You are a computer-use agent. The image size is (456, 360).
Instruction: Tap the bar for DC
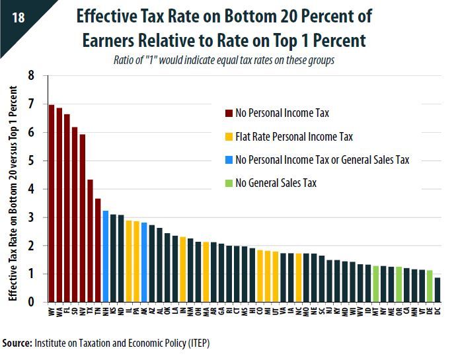click(437, 290)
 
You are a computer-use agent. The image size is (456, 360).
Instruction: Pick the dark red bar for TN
click(98, 250)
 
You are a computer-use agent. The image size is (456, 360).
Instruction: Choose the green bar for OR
click(399, 284)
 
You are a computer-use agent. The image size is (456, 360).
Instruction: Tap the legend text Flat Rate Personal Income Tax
click(294, 137)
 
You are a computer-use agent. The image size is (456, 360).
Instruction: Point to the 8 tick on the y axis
click(30, 76)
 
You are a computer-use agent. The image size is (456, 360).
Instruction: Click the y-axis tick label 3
click(30, 217)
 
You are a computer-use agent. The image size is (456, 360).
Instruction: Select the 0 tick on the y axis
click(30, 303)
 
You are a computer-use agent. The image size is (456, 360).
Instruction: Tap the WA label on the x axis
click(59, 310)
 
